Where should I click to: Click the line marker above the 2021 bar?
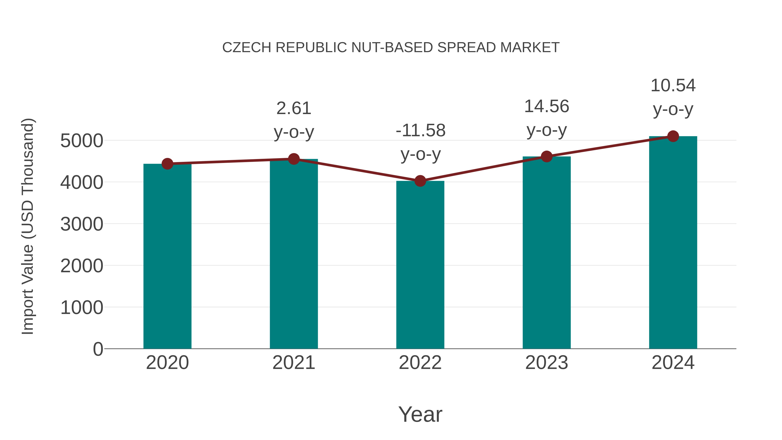click(x=293, y=159)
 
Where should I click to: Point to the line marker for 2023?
click(x=547, y=156)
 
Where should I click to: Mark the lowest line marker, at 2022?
click(x=420, y=181)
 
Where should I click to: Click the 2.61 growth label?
click(x=293, y=108)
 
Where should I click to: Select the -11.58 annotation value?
click(x=421, y=131)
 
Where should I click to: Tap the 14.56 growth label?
click(x=547, y=107)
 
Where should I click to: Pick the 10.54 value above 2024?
click(x=673, y=86)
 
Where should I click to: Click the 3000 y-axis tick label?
click(x=82, y=224)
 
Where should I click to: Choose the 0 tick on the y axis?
click(x=98, y=349)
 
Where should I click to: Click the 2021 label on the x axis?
click(x=293, y=363)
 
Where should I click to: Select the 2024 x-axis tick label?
click(x=673, y=363)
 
